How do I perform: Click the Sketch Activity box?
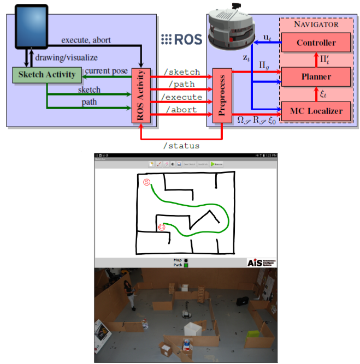[x=46, y=75]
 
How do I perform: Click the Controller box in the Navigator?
[x=316, y=43]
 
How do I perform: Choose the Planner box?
[x=316, y=77]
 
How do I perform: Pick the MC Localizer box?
[x=316, y=111]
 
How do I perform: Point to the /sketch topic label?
[x=182, y=72]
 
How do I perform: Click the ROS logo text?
[x=182, y=39]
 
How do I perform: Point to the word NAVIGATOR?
[x=316, y=25]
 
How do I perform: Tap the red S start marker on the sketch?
[x=146, y=182]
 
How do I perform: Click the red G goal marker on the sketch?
[x=161, y=226]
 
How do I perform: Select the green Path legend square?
[x=186, y=265]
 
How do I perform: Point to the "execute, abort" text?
[x=86, y=40]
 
